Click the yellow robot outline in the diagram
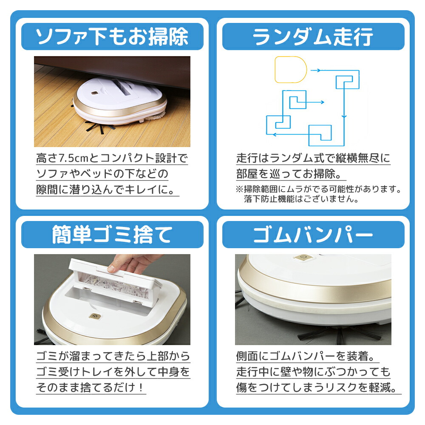(x=291, y=70)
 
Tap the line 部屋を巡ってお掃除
(x=291, y=175)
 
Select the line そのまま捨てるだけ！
(x=91, y=388)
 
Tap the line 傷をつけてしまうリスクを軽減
(x=317, y=388)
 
